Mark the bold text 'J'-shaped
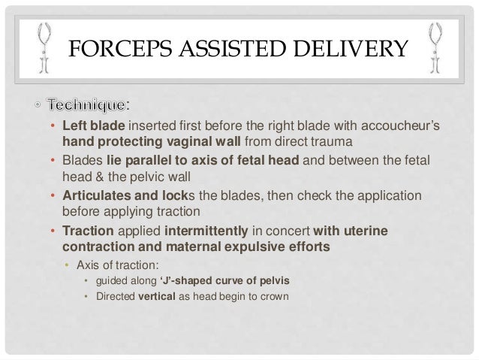tap(182, 281)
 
